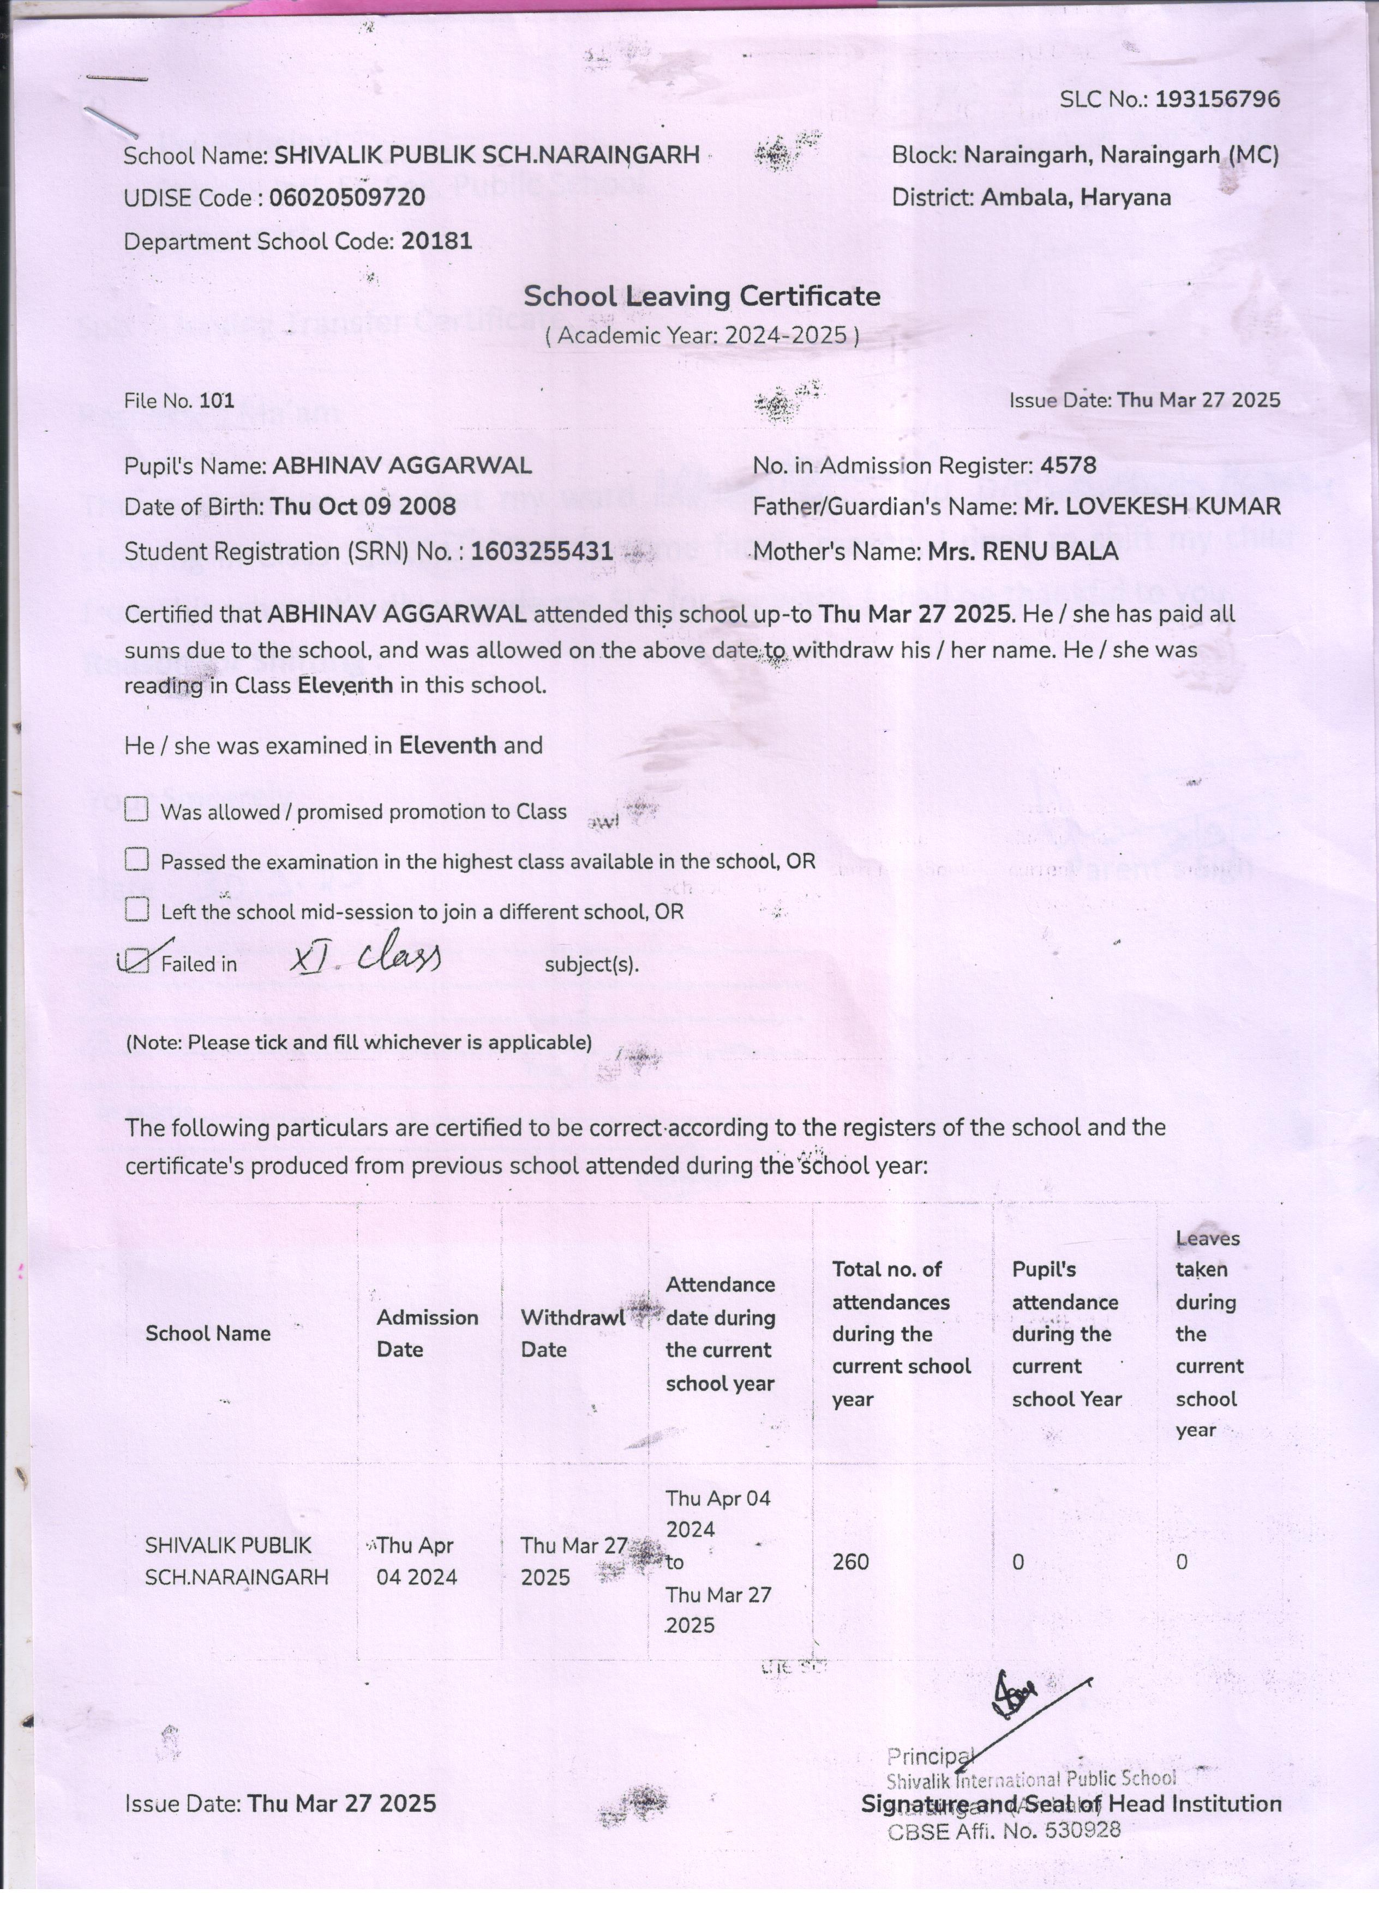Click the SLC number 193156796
(x=1216, y=99)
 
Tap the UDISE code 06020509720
(x=346, y=198)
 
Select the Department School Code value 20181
(x=436, y=242)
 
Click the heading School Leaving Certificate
(x=702, y=296)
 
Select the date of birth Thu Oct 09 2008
(x=363, y=506)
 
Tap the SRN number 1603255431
(x=542, y=551)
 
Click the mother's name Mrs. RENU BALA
(x=1022, y=551)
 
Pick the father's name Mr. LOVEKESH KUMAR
(x=1152, y=506)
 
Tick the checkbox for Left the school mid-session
(x=136, y=910)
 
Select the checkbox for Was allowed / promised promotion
(x=136, y=810)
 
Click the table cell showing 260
(x=850, y=1562)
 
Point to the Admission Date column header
(x=427, y=1333)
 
